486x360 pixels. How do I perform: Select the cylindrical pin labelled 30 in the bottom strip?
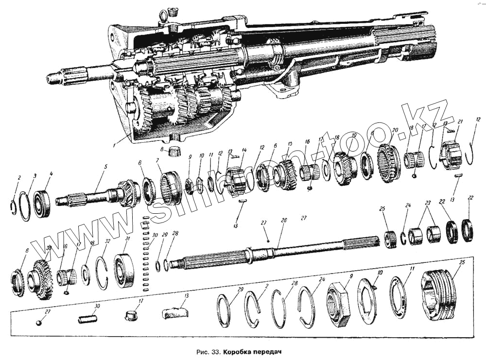[87, 319]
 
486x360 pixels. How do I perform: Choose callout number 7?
[157, 161]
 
